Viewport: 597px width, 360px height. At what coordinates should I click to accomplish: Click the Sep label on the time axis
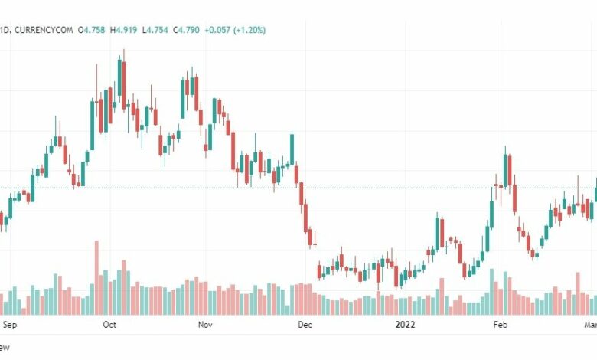click(x=10, y=325)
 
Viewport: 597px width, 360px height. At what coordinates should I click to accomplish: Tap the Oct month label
click(x=109, y=325)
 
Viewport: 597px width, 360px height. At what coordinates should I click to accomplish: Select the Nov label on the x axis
click(x=205, y=325)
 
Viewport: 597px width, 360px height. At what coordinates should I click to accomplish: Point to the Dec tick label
click(x=305, y=325)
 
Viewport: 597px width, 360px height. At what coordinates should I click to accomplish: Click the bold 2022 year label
click(x=406, y=325)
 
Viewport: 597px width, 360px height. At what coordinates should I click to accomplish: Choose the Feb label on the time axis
click(x=500, y=325)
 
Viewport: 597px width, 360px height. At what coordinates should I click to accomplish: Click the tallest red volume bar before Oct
click(x=96, y=277)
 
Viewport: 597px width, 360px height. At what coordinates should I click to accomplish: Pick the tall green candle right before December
click(x=292, y=149)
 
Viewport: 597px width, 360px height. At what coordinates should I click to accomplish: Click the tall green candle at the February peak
click(x=506, y=170)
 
